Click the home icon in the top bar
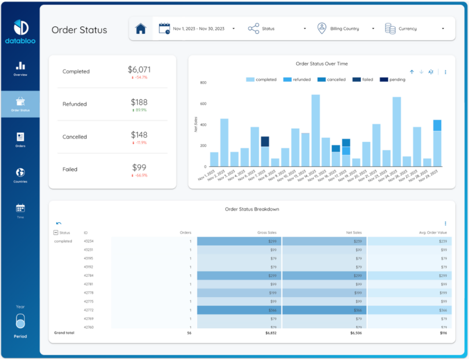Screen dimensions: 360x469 [x=140, y=29]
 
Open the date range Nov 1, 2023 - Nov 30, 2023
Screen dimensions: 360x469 [x=198, y=29]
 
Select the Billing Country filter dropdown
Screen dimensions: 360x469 [x=345, y=29]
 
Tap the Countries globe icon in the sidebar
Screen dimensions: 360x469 [x=20, y=172]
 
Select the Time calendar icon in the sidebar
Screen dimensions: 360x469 [x=20, y=208]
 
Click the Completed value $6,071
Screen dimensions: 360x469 [x=139, y=69]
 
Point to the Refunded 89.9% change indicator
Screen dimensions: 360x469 [x=139, y=110]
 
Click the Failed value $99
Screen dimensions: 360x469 [x=139, y=167]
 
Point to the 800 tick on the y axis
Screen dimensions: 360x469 [x=203, y=83]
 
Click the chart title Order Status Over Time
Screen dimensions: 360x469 [x=321, y=64]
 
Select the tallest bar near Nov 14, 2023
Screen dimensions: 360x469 [x=315, y=131]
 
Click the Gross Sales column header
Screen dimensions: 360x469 [x=267, y=232]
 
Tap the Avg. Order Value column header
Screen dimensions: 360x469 [x=433, y=232]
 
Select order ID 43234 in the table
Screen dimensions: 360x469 [x=89, y=241]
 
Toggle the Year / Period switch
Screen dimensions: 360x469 [x=20, y=322]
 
